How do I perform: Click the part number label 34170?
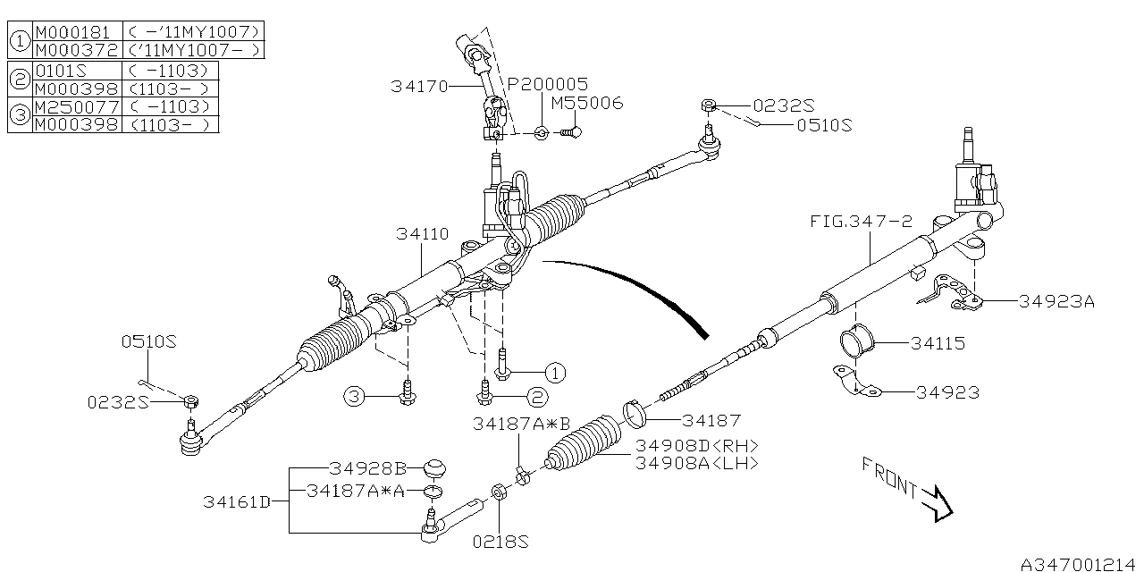pos(420,87)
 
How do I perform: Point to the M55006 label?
pos(586,104)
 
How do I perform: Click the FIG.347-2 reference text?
pos(861,221)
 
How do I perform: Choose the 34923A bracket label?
pos(1056,301)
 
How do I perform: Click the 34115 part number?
pos(938,343)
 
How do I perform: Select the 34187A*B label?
pos(521,425)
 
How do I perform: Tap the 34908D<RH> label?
pos(696,446)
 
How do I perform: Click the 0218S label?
pos(500,542)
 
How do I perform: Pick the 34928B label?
pos(367,468)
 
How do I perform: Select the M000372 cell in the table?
pos(75,50)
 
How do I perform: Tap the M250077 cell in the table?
pos(75,107)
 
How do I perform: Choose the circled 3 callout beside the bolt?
pos(355,396)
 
